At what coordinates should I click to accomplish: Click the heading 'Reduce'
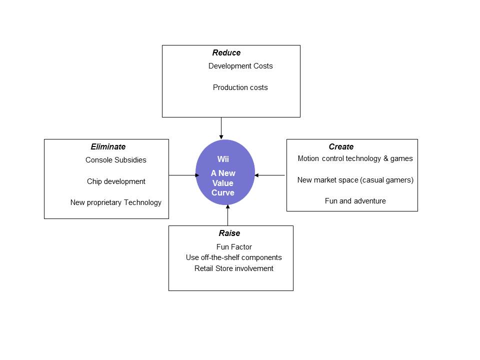click(226, 53)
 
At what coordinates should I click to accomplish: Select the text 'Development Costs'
click(240, 66)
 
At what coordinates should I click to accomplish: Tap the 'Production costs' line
click(240, 87)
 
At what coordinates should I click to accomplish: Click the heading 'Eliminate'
click(108, 147)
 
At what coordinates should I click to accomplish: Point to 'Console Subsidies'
click(116, 160)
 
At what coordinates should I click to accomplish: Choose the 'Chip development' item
click(116, 181)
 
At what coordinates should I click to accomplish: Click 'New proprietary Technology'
click(116, 202)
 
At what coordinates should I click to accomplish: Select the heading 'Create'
click(341, 147)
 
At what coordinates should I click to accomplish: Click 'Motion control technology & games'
click(355, 158)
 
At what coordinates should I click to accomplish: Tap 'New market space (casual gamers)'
click(355, 180)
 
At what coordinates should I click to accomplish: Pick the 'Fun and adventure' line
click(355, 201)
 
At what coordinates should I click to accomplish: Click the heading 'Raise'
click(229, 233)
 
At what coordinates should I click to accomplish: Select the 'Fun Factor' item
click(234, 247)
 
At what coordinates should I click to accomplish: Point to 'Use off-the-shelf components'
click(233, 257)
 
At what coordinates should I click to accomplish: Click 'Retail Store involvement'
click(234, 268)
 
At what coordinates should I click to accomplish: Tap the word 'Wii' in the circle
click(223, 159)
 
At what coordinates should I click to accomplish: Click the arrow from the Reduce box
click(221, 128)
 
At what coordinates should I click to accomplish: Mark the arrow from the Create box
click(270, 175)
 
